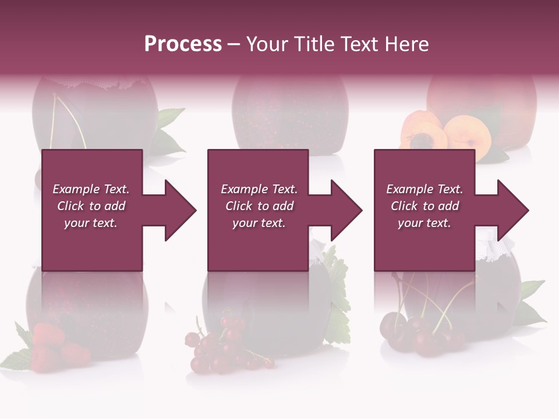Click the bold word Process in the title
click(183, 44)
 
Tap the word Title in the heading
click(313, 44)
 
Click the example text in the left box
click(91, 206)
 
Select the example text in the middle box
click(259, 206)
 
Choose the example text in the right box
click(424, 206)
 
